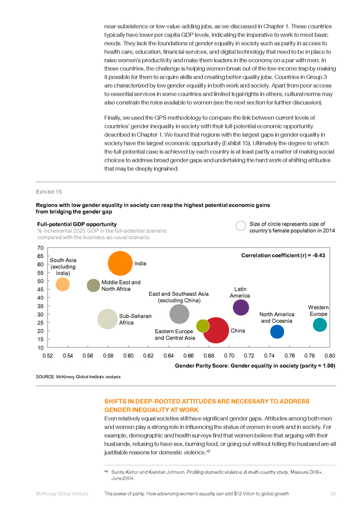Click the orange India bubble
[120, 263]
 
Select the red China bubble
[216, 330]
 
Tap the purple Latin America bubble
[241, 308]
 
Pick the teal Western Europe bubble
[320, 325]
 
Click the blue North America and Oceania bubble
[277, 332]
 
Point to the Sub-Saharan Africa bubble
[107, 319]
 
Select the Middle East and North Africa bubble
[93, 286]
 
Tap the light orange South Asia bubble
[63, 284]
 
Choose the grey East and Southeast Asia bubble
[179, 314]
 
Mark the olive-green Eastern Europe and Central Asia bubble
[203, 326]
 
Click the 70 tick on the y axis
[40, 248]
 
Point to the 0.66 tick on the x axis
[188, 356]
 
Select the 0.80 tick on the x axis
[330, 356]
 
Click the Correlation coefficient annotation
[283, 256]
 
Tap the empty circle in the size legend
[241, 226]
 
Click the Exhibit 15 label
[49, 192]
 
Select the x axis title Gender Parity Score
[255, 366]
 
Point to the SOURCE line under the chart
[78, 377]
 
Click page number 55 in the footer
[333, 494]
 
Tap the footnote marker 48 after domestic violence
[208, 451]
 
